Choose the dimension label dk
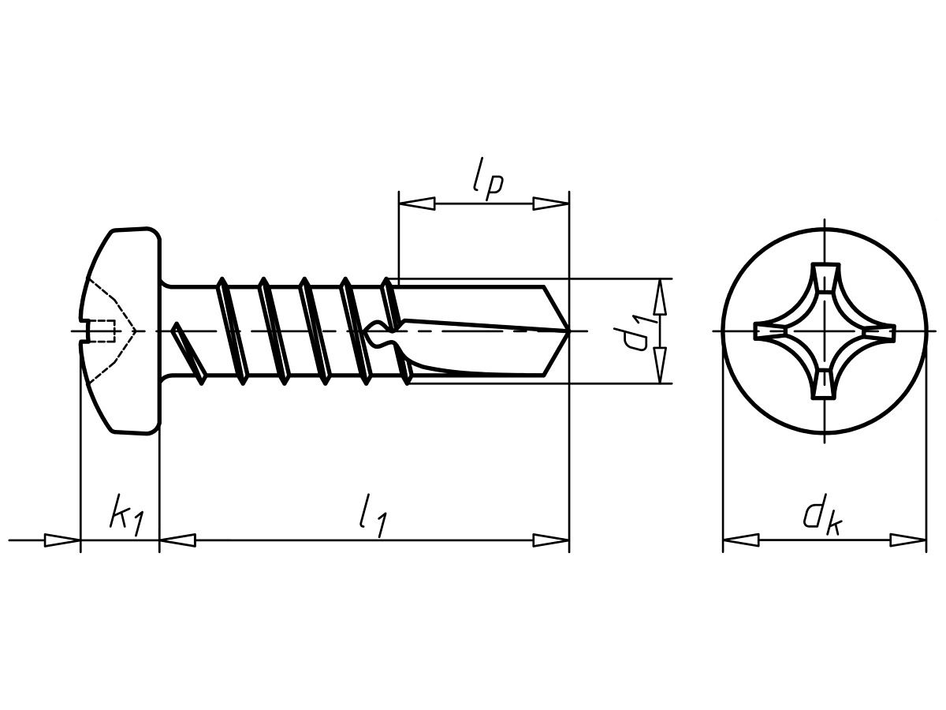pos(822,518)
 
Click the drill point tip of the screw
pos(568,331)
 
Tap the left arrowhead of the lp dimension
pos(417,204)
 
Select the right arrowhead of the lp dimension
pos(551,204)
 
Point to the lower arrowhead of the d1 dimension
pos(659,365)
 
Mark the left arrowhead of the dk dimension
pos(741,540)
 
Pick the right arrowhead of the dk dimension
pos(907,540)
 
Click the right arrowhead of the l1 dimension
pos(551,540)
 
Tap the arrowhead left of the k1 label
pos(62,540)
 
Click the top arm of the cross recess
pos(825,278)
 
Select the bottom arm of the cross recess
pos(825,383)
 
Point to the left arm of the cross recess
pos(769,331)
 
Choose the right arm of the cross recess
pos(879,331)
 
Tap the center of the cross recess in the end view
pos(825,331)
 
